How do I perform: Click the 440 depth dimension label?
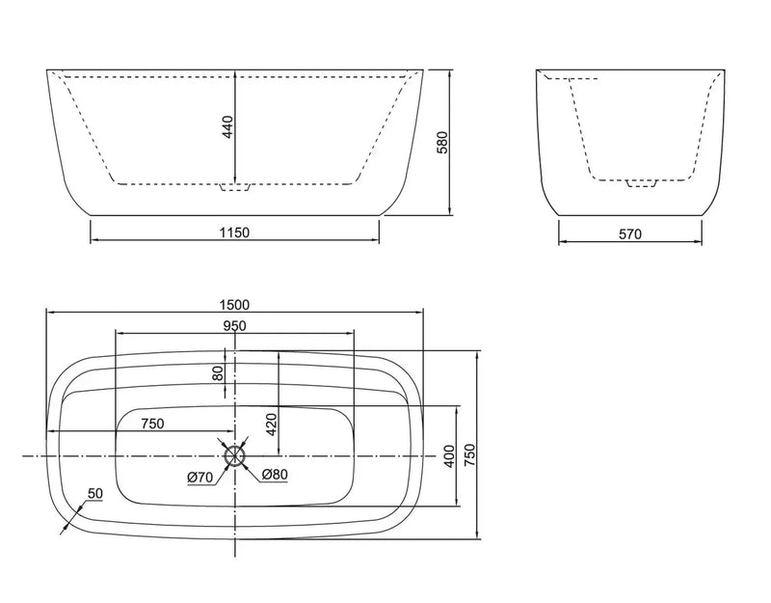pyautogui.click(x=228, y=128)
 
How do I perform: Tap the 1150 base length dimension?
pyautogui.click(x=234, y=233)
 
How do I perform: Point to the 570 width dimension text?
pyautogui.click(x=630, y=233)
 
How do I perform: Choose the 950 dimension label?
pyautogui.click(x=234, y=325)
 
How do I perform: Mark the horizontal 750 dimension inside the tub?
pyautogui.click(x=152, y=424)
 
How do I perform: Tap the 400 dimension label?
pyautogui.click(x=448, y=455)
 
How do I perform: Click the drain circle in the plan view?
pyautogui.click(x=235, y=455)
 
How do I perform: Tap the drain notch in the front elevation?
pyautogui.click(x=235, y=187)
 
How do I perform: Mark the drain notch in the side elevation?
pyautogui.click(x=640, y=183)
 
